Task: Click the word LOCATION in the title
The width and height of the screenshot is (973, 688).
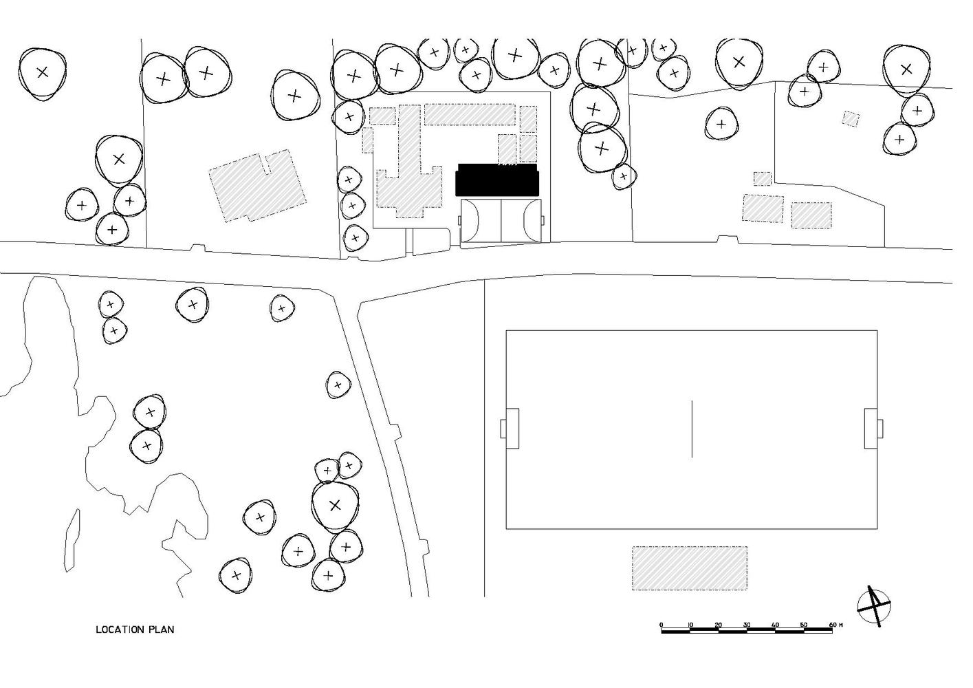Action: [120, 630]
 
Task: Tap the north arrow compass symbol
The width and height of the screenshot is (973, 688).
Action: [874, 605]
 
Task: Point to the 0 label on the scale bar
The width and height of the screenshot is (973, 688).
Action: [662, 625]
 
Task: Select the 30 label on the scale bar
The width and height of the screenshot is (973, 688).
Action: [747, 625]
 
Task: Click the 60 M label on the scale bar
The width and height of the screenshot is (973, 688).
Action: [835, 625]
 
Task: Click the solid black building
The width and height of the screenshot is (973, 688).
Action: [497, 181]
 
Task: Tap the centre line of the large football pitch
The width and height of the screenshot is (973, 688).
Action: [692, 429]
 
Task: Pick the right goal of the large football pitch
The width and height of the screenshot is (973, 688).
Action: [871, 428]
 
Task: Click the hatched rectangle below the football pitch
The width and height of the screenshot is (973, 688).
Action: [690, 568]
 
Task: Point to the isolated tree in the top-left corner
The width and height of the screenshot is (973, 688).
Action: [43, 72]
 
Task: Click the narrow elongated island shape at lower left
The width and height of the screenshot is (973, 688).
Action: [72, 540]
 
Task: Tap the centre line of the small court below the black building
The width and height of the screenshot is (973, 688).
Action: [501, 220]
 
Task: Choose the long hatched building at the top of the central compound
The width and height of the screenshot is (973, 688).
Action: [470, 114]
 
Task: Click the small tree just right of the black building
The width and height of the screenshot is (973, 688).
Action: [623, 176]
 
